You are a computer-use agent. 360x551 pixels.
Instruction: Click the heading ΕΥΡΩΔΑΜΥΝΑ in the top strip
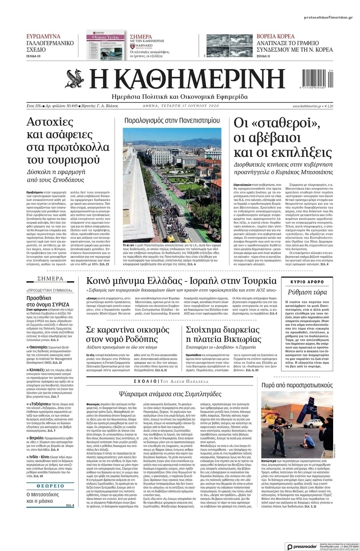43,37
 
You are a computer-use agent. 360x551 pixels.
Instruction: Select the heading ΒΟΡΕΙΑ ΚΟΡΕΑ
276,37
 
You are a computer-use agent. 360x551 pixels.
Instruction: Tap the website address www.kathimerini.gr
307,106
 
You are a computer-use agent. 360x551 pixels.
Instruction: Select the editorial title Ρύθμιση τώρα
307,292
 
